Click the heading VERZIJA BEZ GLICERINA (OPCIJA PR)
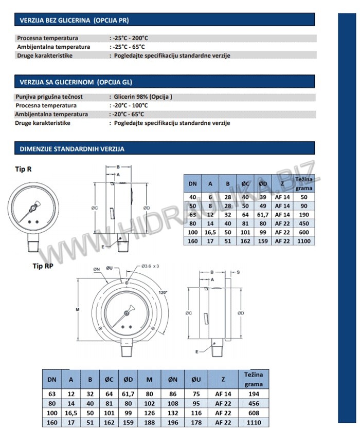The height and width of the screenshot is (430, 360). pyautogui.click(x=74, y=21)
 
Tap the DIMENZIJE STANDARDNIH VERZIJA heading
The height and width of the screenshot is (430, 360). pyautogui.click(x=72, y=149)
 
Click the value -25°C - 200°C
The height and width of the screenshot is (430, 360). pyautogui.click(x=130, y=38)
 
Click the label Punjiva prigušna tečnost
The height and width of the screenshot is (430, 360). pyautogui.click(x=49, y=97)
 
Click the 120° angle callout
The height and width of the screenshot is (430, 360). pyautogui.click(x=164, y=291)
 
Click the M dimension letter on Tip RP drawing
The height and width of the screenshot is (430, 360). pyautogui.click(x=77, y=309)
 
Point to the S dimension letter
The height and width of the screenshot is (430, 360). pyautogui.click(x=238, y=272)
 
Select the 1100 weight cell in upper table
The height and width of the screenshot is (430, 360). pyautogui.click(x=304, y=240)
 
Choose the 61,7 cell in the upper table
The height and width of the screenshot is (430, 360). pyautogui.click(x=263, y=215)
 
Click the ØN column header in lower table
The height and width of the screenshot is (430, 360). pyautogui.click(x=173, y=380)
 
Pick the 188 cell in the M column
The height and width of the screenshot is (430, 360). pyautogui.click(x=150, y=422)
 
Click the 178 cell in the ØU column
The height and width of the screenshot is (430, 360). pyautogui.click(x=196, y=422)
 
